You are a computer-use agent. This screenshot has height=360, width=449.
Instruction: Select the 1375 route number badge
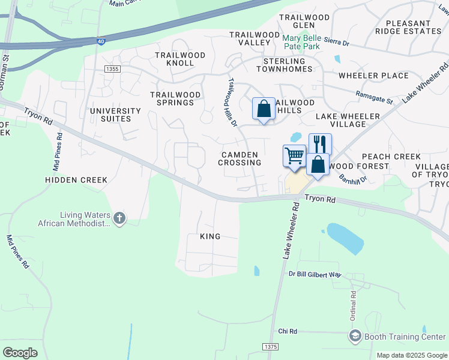click(x=271, y=347)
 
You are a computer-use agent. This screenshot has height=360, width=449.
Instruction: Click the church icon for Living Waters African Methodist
click(x=119, y=219)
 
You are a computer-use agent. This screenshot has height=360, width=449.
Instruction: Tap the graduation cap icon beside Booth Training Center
click(x=355, y=337)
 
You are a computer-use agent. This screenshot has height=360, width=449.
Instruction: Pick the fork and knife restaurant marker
click(x=320, y=144)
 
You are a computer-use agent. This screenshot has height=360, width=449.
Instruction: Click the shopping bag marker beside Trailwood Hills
click(x=264, y=109)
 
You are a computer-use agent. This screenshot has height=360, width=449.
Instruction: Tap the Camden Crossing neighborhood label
click(x=240, y=158)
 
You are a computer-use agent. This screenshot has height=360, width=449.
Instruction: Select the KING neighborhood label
click(x=210, y=236)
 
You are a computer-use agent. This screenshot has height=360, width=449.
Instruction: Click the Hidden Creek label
click(x=76, y=179)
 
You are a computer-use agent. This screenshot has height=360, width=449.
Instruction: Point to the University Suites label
click(x=115, y=115)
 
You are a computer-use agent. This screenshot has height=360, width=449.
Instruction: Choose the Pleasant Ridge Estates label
click(x=408, y=26)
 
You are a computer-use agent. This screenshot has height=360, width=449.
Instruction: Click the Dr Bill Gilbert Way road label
click(x=315, y=274)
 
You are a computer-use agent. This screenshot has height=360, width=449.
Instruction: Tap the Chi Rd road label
click(x=288, y=331)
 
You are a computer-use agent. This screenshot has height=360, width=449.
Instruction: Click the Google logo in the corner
click(x=20, y=352)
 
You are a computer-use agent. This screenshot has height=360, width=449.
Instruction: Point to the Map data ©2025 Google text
click(x=411, y=355)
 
